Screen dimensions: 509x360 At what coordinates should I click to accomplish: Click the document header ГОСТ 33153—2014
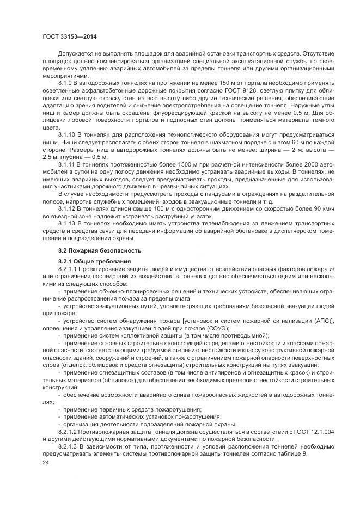pyautogui.click(x=66, y=36)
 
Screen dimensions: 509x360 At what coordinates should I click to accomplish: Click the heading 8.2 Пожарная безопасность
pyautogui.click(x=92, y=250)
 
